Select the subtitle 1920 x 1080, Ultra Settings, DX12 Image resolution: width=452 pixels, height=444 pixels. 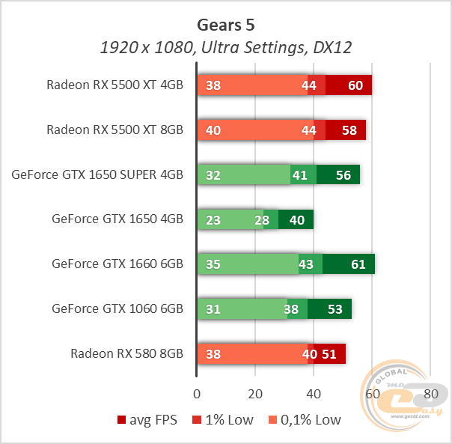[225, 48]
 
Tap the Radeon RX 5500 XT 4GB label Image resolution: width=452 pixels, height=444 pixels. [114, 85]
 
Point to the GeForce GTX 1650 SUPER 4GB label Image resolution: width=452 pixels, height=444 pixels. [97, 174]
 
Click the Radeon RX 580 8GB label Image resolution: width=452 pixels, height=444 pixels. [126, 354]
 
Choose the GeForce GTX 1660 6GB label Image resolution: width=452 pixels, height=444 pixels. [117, 264]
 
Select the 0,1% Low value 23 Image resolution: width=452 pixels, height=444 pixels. [213, 219]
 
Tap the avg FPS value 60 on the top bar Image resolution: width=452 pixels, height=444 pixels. [355, 85]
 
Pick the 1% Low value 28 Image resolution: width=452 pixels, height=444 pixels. [261, 219]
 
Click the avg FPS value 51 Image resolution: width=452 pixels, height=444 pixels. [329, 354]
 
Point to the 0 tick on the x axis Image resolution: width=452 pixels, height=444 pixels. [197, 394]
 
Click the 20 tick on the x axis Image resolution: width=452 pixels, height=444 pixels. [255, 394]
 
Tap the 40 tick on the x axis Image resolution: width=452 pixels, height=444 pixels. [314, 394]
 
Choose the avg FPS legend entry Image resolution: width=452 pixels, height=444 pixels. [149, 420]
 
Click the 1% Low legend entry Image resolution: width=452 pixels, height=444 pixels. [225, 420]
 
